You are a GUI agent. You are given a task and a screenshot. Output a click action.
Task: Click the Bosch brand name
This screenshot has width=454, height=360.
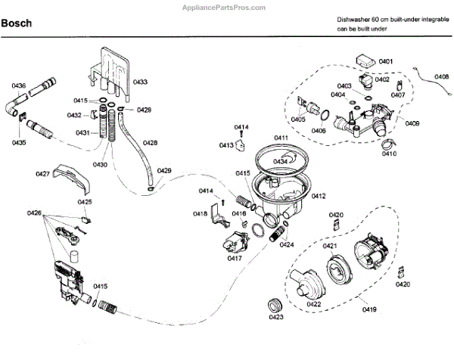[17, 23]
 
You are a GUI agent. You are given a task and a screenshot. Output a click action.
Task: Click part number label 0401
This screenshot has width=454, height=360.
[386, 61]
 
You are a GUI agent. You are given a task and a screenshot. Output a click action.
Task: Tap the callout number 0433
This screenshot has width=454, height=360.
[140, 82]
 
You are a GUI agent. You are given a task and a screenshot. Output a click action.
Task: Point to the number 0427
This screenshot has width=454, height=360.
[43, 175]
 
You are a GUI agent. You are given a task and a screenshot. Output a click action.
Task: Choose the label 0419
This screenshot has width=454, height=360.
[368, 310]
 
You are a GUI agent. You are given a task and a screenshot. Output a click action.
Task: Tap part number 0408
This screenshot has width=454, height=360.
[441, 76]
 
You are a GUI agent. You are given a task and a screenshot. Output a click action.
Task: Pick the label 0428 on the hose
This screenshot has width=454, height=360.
[150, 142]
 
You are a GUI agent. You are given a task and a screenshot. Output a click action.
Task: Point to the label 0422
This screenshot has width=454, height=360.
[314, 304]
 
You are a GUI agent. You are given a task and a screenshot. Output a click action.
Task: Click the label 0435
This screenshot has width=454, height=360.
[19, 141]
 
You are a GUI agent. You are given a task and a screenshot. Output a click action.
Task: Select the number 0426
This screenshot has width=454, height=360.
[33, 213]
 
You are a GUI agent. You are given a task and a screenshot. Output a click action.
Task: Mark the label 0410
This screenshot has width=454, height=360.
[389, 154]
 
